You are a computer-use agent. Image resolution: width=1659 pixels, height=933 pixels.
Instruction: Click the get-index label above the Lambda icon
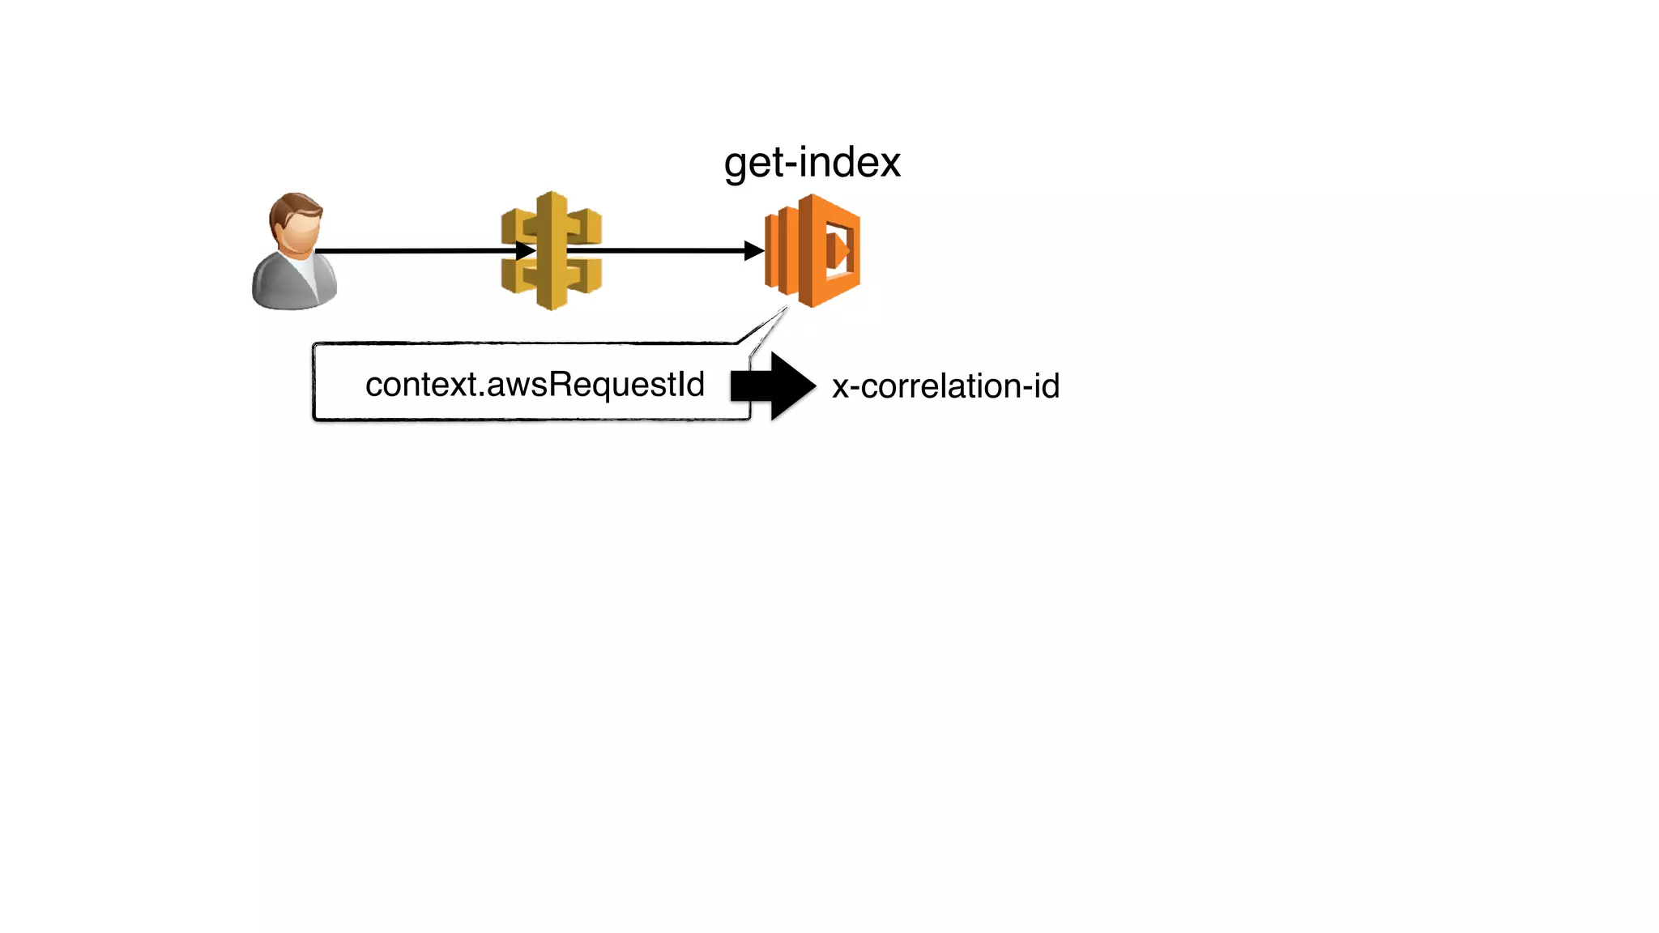pyautogui.click(x=812, y=163)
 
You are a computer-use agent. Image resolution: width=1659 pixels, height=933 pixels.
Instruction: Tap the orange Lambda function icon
pyautogui.click(x=812, y=250)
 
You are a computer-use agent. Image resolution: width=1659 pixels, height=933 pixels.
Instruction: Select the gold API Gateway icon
pyautogui.click(x=552, y=250)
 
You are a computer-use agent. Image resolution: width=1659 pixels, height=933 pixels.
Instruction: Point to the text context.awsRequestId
pyautogui.click(x=535, y=385)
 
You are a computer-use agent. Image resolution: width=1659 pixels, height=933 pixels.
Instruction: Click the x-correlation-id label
pyautogui.click(x=945, y=386)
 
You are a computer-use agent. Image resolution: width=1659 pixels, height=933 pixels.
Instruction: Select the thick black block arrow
pyautogui.click(x=773, y=386)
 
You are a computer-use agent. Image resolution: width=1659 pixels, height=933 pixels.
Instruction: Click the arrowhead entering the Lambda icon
pyautogui.click(x=754, y=251)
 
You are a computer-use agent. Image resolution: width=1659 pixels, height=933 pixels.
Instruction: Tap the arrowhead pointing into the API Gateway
pyautogui.click(x=525, y=251)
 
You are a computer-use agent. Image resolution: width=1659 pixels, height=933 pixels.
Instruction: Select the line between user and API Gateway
pyautogui.click(x=413, y=251)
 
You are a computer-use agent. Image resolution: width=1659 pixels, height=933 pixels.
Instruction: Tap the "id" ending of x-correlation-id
pyautogui.click(x=1046, y=386)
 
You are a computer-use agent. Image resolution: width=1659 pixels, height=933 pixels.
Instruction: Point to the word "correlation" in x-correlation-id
pyautogui.click(x=940, y=386)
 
